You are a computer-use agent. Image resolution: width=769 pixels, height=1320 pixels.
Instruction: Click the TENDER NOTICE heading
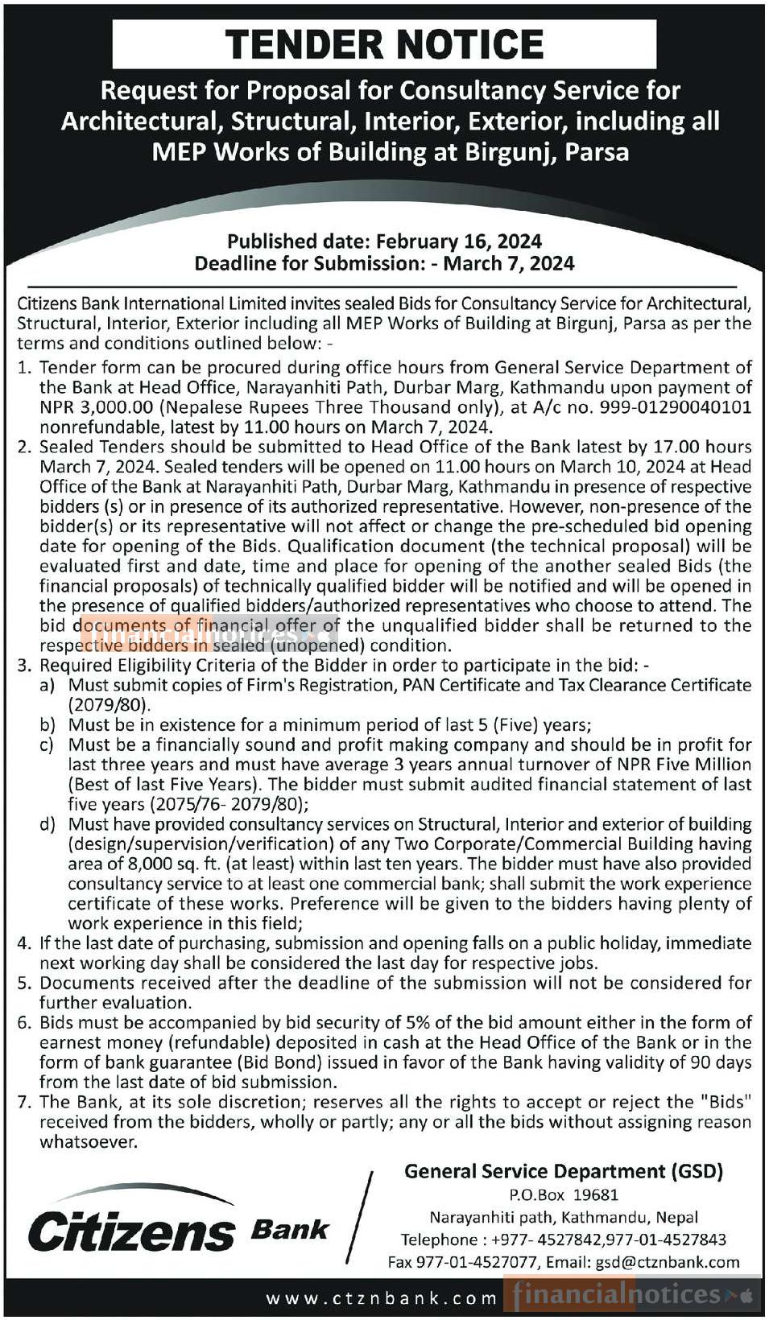tap(384, 43)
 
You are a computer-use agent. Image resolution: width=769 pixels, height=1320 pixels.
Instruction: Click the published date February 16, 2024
tap(458, 241)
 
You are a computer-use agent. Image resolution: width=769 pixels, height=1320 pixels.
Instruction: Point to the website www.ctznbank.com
tap(382, 1297)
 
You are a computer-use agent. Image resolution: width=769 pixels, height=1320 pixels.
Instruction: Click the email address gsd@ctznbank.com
tap(667, 1262)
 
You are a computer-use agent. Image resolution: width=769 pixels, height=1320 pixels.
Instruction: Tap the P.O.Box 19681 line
tap(564, 1195)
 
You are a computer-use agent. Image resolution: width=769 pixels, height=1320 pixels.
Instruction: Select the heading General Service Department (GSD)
tap(564, 1171)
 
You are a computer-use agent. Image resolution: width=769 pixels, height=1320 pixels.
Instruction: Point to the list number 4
tap(24, 943)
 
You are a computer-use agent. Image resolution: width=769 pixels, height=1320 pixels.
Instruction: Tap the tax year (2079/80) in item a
tap(110, 705)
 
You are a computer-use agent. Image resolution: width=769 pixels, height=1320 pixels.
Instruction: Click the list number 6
tap(24, 1023)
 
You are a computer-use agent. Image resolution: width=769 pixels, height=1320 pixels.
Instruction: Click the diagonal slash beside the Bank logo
tap(360, 1217)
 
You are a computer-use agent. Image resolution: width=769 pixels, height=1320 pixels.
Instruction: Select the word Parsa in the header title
tap(597, 152)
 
